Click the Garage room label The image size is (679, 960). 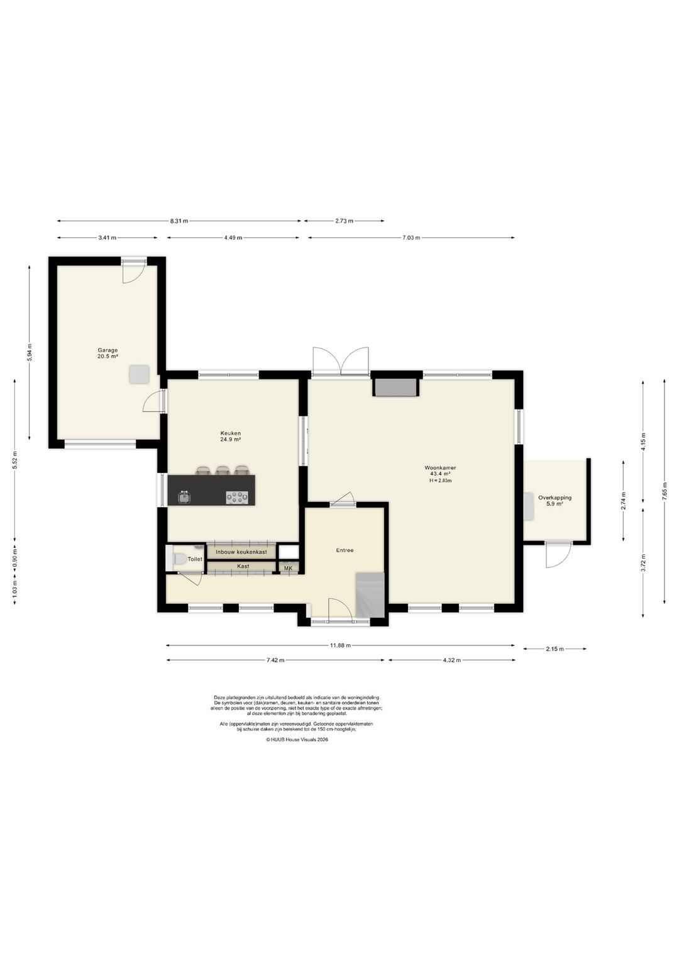click(108, 350)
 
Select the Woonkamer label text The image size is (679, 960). click(440, 468)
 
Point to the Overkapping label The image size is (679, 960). click(555, 498)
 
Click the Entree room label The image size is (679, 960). click(345, 550)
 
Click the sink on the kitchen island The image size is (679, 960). click(185, 497)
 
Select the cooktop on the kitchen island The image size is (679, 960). click(237, 498)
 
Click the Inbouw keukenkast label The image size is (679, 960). click(241, 552)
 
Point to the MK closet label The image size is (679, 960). click(288, 568)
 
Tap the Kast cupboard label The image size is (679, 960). click(243, 566)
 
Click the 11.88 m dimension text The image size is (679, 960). click(340, 645)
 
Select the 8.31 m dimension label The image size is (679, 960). click(179, 221)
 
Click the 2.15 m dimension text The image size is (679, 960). click(555, 649)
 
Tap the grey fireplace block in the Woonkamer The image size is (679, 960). click(395, 388)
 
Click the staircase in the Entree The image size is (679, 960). click(370, 596)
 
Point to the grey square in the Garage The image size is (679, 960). click(140, 374)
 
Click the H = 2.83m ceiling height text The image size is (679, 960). click(440, 481)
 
